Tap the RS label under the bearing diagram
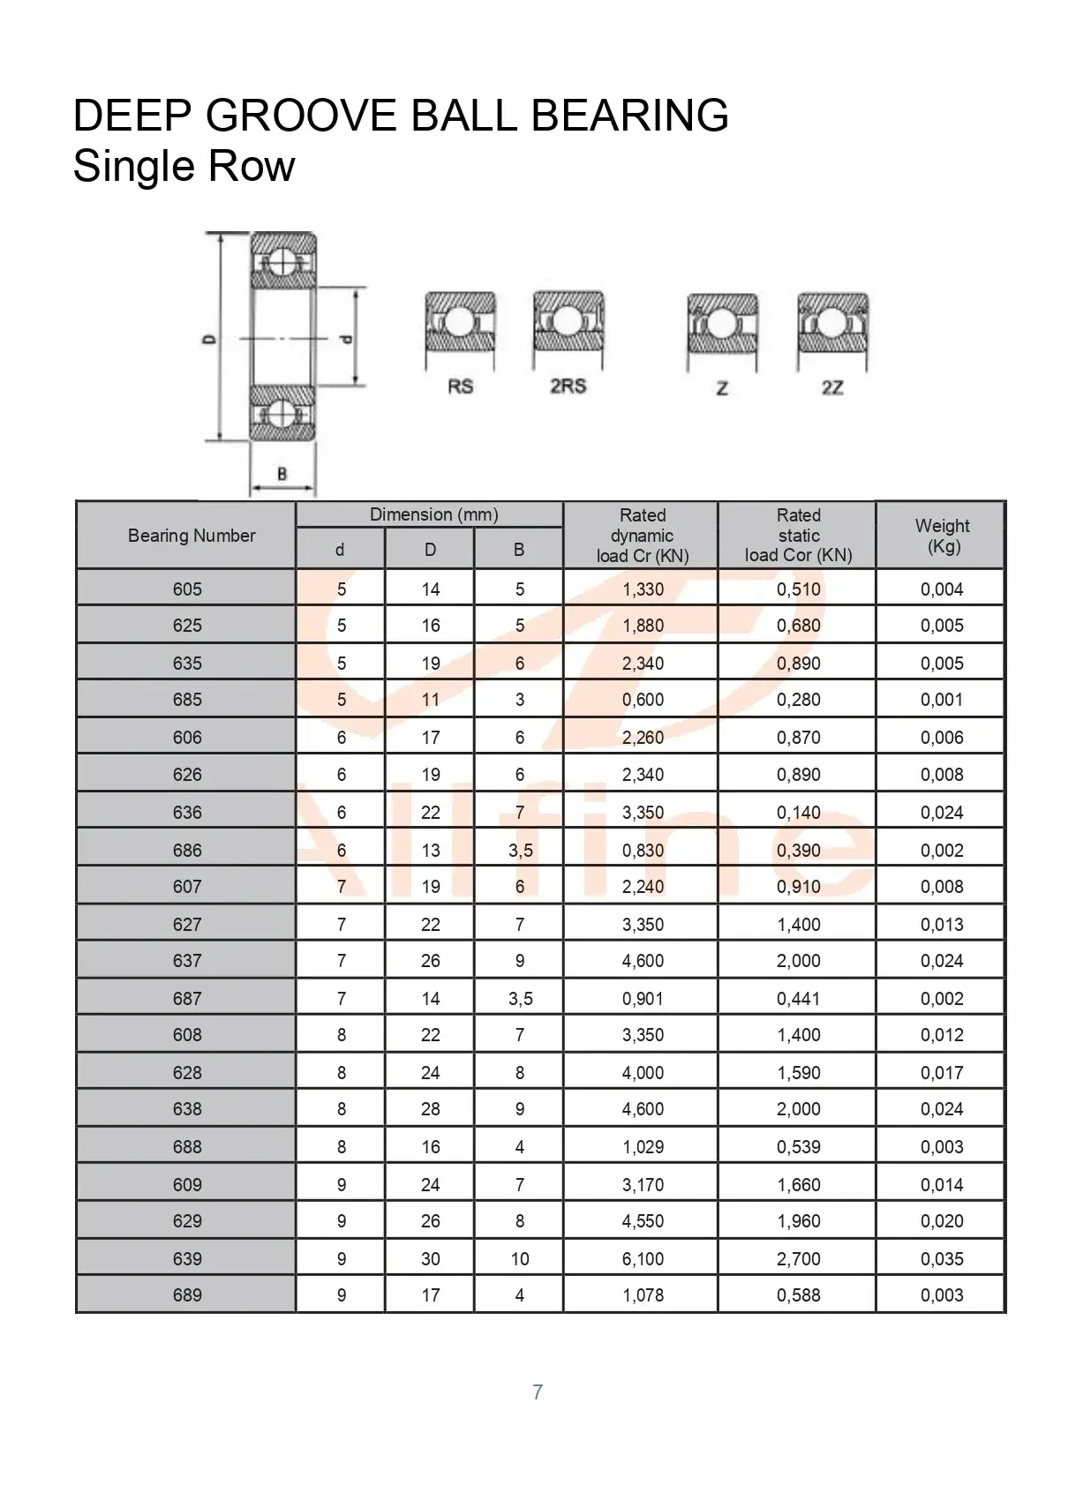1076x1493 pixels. pyautogui.click(x=460, y=386)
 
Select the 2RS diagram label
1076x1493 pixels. pyautogui.click(x=568, y=386)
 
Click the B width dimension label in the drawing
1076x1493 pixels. pyautogui.click(x=282, y=474)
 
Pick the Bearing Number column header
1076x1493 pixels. pyautogui.click(x=192, y=536)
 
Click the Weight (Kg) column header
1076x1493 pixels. pyautogui.click(x=942, y=536)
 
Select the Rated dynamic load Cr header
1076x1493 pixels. pyautogui.click(x=642, y=536)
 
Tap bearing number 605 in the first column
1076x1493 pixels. pyautogui.click(x=187, y=589)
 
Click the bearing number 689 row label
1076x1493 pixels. pyautogui.click(x=187, y=1295)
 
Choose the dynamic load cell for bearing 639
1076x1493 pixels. pyautogui.click(x=643, y=1259)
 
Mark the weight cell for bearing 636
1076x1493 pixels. pyautogui.click(x=942, y=813)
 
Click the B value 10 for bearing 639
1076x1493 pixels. pyautogui.click(x=520, y=1259)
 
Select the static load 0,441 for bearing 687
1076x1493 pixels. pyautogui.click(x=798, y=999)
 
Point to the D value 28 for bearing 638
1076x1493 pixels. pyautogui.click(x=430, y=1109)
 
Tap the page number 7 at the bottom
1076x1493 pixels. pyautogui.click(x=538, y=1392)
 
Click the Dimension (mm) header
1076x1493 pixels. pyautogui.click(x=433, y=515)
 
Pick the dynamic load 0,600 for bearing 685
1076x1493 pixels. pyautogui.click(x=643, y=700)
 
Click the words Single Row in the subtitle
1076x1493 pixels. pyautogui.click(x=184, y=166)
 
